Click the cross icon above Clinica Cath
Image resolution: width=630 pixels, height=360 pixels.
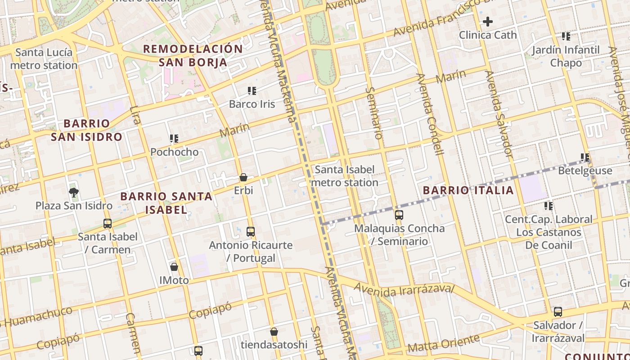point(488,22)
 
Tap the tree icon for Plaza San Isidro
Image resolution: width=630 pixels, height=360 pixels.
point(74,193)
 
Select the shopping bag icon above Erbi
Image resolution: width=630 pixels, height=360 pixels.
point(243,177)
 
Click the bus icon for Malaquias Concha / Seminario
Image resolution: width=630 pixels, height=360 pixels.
point(399,215)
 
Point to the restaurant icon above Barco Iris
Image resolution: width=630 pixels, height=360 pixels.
point(252,91)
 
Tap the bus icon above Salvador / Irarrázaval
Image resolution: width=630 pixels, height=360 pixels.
point(558,311)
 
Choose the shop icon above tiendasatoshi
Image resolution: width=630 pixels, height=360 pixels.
point(274,332)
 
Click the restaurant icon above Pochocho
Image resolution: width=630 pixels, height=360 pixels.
point(174,139)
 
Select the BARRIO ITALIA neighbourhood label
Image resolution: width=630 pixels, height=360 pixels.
point(468,190)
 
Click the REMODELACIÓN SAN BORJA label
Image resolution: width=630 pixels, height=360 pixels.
point(193,55)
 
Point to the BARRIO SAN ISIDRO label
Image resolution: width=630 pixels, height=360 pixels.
point(86,130)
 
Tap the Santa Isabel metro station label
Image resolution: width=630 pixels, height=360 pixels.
point(345,176)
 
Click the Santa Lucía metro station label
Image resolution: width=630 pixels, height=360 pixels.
point(44,59)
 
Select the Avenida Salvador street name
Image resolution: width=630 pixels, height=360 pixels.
point(499,115)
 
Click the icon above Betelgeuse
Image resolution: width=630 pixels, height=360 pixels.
point(585,157)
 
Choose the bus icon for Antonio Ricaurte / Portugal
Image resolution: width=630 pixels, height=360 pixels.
point(251,232)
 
